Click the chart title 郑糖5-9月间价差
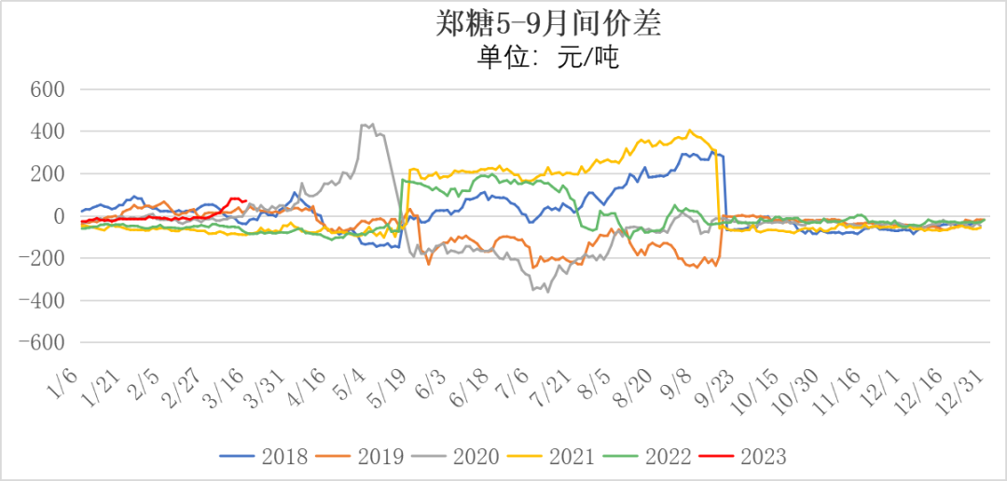549,23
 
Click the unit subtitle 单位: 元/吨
548,59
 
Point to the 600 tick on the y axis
46,89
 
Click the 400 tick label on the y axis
46,131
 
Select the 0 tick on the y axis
57,215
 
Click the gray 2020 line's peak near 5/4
372,124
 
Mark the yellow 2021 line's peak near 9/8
689,131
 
